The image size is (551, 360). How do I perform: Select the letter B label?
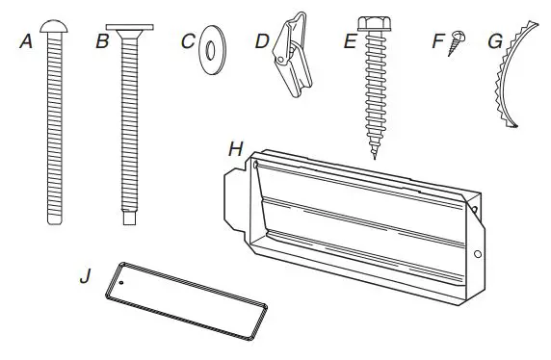coord(102,41)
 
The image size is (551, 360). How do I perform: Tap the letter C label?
coord(188,41)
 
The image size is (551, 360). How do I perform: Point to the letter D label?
coord(261,41)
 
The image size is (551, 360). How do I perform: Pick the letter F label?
coord(439,41)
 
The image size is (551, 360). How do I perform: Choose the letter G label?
coord(494,41)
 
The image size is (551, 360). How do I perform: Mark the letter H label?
coord(235,149)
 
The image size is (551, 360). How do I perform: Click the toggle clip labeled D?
coord(290,58)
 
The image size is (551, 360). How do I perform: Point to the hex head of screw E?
coord(374,23)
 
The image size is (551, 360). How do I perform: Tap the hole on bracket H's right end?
coord(479,254)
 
